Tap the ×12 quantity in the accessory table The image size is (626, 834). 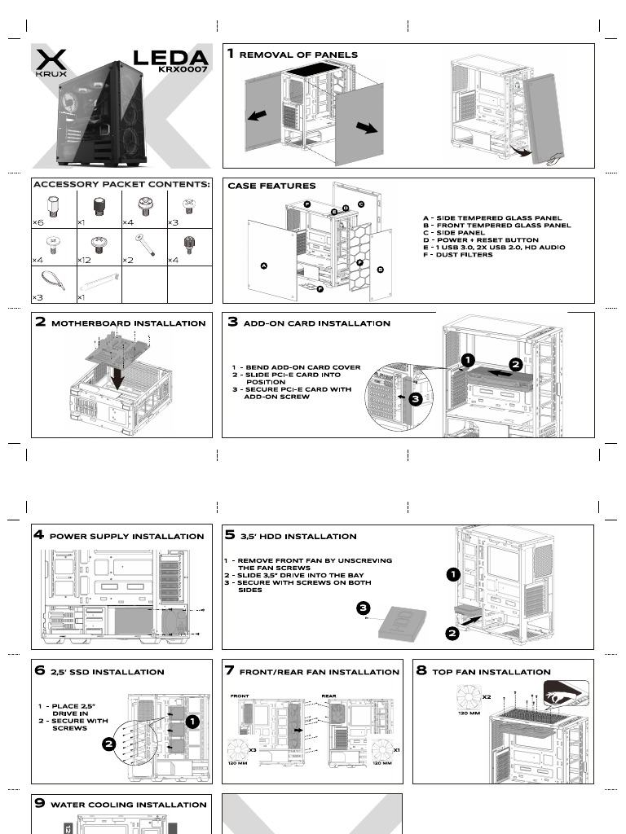(84, 260)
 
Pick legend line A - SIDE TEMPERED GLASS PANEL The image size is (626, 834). (492, 218)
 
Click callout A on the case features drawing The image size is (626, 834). (263, 266)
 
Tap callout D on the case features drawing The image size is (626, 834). (380, 269)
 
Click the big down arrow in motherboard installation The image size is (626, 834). (119, 377)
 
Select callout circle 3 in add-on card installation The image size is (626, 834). (414, 399)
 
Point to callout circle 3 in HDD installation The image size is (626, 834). (364, 608)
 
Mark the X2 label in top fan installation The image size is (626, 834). (486, 697)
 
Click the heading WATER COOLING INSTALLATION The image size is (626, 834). (129, 805)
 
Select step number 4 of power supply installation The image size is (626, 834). (38, 535)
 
